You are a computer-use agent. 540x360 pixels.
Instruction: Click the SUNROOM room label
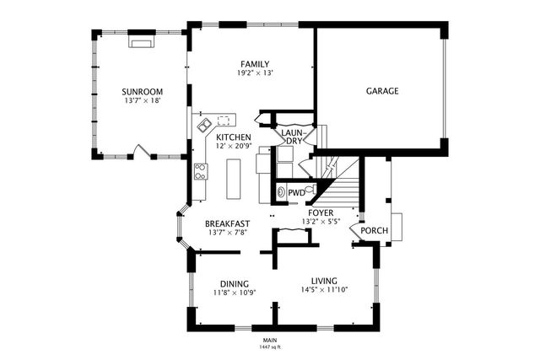143,92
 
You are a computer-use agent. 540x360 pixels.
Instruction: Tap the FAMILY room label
255,64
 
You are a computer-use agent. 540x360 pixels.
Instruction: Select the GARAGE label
382,91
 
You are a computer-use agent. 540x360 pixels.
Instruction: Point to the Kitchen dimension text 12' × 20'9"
233,146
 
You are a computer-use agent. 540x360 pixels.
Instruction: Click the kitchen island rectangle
233,179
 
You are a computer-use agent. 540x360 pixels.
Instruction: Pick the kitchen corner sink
204,124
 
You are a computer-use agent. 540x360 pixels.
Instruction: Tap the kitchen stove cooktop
201,171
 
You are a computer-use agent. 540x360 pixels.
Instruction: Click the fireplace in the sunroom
142,41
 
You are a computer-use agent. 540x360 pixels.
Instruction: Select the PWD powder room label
296,193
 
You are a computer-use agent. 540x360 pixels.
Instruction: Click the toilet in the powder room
310,191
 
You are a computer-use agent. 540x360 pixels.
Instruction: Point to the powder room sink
281,192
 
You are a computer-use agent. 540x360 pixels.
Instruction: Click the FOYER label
321,212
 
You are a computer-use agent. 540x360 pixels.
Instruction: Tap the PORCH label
374,230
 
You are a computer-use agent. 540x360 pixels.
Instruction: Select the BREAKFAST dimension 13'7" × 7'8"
228,233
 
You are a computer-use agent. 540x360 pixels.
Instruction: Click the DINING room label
235,284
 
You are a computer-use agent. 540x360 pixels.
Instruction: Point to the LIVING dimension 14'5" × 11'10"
324,290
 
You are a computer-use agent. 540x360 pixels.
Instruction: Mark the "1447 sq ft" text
270,347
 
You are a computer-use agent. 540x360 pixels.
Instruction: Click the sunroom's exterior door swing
142,151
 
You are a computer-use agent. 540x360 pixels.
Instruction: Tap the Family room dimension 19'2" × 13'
255,73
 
